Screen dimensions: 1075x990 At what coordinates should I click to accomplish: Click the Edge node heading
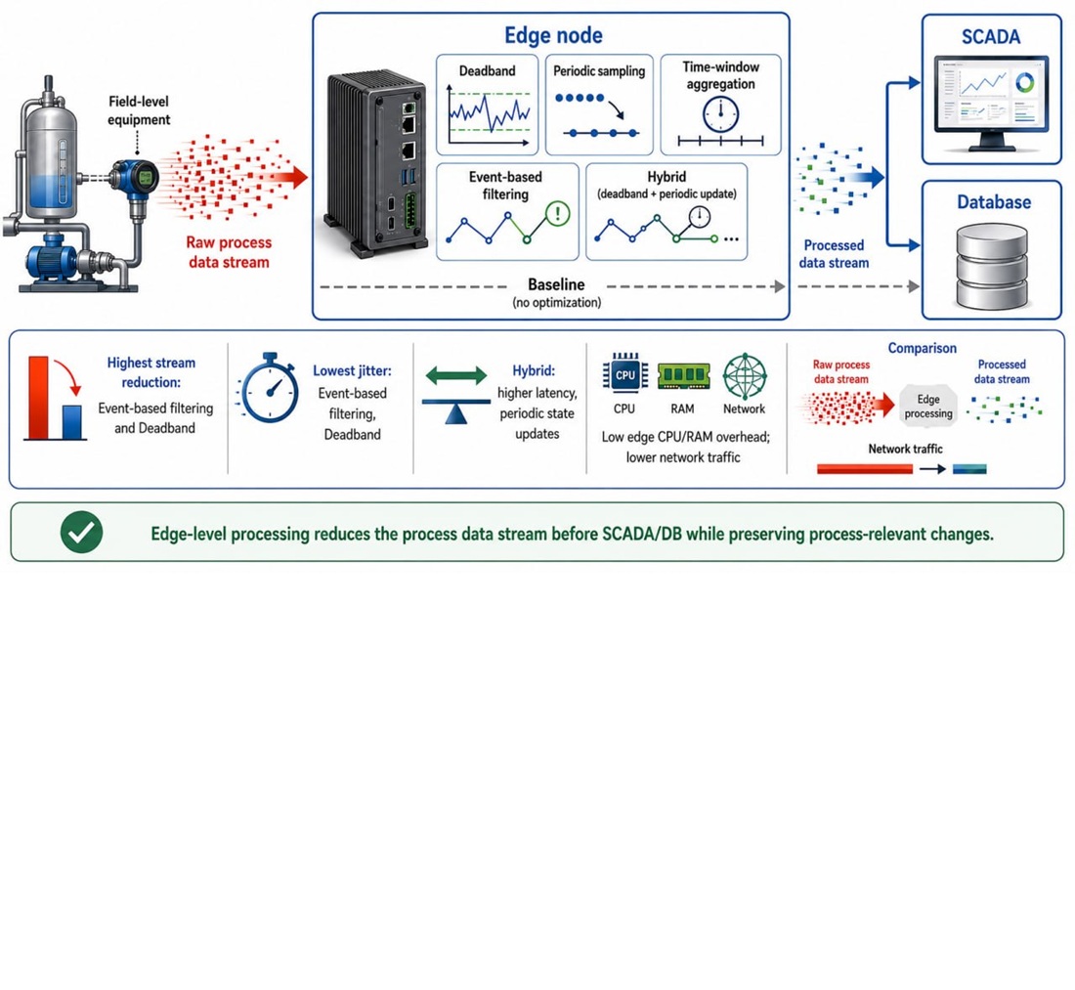[553, 35]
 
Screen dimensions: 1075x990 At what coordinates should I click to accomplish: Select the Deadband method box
[487, 105]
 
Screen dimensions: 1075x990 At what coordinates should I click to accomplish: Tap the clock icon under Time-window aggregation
[720, 113]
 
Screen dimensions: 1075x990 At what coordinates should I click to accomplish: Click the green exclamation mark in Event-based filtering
[557, 213]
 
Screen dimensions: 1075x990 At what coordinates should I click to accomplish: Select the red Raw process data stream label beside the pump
[229, 252]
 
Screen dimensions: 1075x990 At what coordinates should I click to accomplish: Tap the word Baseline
[556, 284]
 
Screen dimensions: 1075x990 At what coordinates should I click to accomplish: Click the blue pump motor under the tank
[52, 261]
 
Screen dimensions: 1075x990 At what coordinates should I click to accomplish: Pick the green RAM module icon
[683, 375]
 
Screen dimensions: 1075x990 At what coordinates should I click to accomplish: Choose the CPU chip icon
[624, 374]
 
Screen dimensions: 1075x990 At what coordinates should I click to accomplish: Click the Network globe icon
[745, 375]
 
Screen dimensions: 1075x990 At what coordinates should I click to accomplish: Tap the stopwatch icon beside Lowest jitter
[270, 388]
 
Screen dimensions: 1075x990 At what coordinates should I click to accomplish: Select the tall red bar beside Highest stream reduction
[38, 397]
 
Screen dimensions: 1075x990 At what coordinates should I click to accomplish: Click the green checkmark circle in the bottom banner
[81, 532]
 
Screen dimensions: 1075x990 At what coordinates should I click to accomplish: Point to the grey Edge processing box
[927, 406]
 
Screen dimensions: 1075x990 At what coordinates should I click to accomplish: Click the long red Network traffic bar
[865, 469]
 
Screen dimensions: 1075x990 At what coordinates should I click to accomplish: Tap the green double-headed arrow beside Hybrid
[456, 375]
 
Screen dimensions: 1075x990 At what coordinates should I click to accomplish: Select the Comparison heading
[923, 348]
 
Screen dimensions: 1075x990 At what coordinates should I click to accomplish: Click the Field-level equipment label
[139, 110]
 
